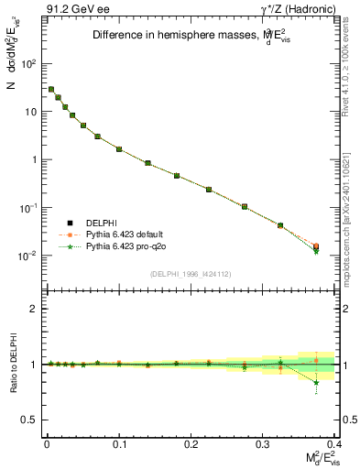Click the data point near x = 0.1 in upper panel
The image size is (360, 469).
(119, 148)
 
